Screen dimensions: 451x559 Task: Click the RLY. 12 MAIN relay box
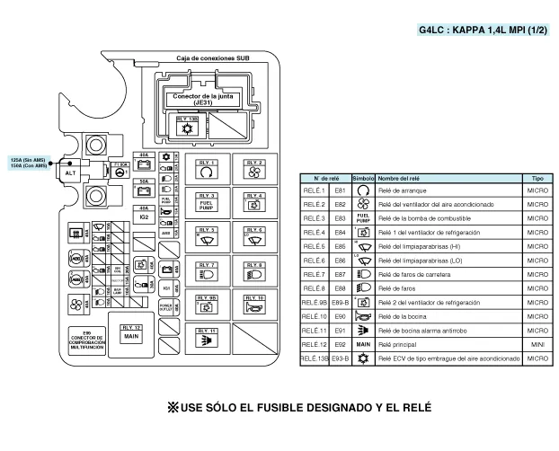point(131,333)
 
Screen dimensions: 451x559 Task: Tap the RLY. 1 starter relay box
point(208,167)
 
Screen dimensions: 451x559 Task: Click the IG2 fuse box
point(144,217)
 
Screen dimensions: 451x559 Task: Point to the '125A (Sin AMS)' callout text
point(27,159)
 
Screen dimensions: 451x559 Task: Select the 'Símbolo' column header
point(363,179)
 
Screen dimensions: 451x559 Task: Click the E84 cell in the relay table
point(340,232)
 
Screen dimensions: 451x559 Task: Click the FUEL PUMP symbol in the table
point(363,218)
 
